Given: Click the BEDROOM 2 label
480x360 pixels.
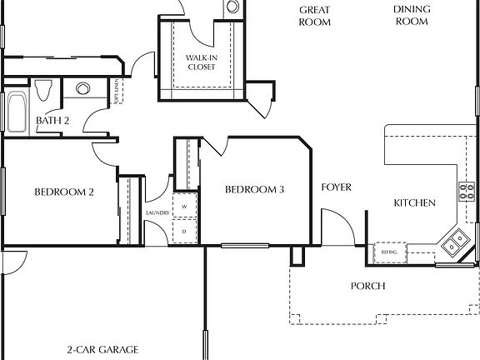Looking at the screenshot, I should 63,192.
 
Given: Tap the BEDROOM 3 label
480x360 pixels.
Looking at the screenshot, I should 255,190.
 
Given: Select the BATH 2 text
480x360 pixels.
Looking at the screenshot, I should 52,122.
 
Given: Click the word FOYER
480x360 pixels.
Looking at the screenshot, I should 337,187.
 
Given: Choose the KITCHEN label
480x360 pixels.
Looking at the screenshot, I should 415,203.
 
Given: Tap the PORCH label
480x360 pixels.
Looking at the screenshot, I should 367,286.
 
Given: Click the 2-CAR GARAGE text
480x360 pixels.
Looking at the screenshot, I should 102,350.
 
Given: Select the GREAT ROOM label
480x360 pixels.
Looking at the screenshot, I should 315,17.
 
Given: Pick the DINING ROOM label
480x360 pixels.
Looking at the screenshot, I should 410,17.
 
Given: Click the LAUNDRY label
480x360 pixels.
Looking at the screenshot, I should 157,213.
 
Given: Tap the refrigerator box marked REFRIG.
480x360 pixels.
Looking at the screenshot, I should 388,252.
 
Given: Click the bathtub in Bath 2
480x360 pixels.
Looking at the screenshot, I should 17,110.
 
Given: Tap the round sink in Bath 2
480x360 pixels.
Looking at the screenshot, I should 82,88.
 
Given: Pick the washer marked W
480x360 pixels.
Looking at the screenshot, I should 185,206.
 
